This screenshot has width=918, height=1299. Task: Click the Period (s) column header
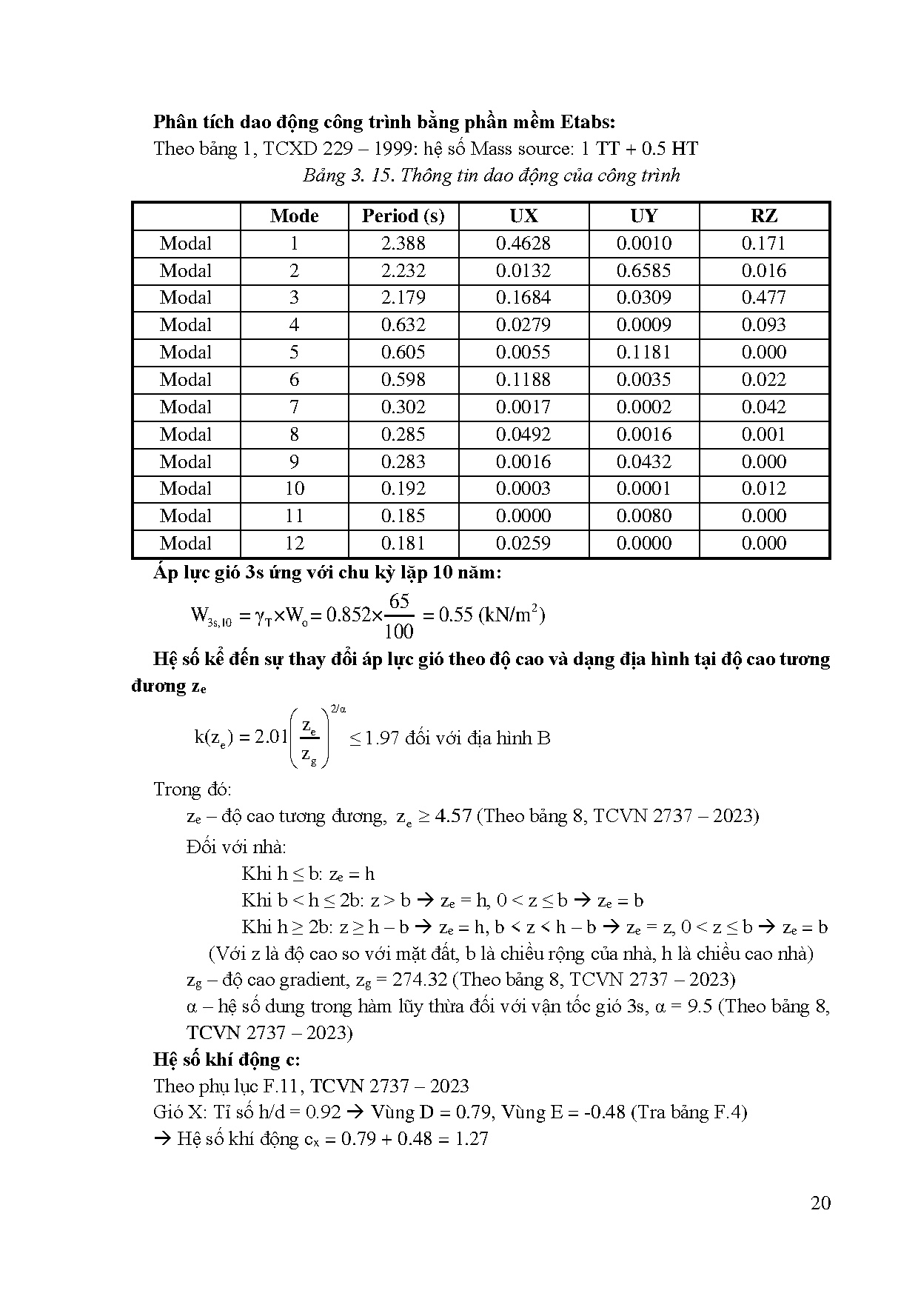click(403, 216)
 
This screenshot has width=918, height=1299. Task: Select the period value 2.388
click(403, 244)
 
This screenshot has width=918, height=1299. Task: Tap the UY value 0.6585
click(644, 271)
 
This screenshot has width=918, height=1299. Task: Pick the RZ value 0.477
click(764, 298)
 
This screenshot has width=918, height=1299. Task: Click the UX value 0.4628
click(523, 244)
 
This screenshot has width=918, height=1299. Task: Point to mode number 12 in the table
click(294, 544)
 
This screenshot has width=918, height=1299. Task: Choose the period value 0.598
click(403, 380)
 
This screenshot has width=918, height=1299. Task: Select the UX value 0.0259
click(523, 544)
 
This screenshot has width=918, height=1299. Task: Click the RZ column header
click(764, 216)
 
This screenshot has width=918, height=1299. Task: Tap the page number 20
click(820, 1203)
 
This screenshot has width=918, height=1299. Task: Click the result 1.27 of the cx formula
click(469, 1139)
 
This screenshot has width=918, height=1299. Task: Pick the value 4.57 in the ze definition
click(454, 816)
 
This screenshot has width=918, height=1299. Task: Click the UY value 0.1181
click(644, 353)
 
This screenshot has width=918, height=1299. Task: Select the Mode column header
click(294, 216)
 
